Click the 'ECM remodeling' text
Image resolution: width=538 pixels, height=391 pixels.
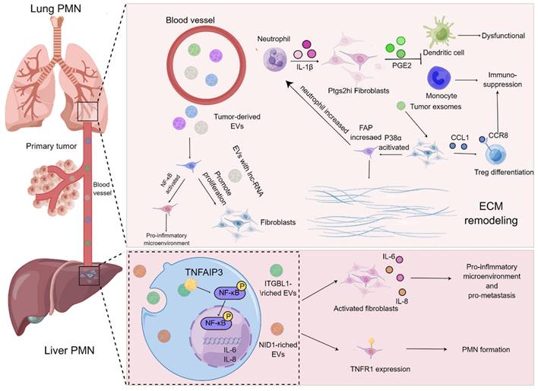[x=489, y=211]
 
